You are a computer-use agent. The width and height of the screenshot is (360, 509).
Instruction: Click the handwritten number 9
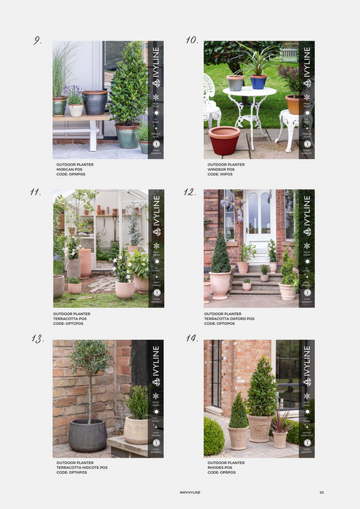point(37,41)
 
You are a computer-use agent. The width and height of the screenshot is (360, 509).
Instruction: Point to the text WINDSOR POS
point(221,168)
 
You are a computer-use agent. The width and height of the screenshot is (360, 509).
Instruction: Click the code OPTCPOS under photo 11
point(68,324)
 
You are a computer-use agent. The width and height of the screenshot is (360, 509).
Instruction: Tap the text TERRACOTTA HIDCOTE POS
point(82,468)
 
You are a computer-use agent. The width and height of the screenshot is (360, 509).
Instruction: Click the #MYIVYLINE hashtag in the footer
point(190,493)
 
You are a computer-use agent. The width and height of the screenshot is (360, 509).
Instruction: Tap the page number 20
point(322,493)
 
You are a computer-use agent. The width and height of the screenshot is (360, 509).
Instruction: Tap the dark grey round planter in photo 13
point(88,434)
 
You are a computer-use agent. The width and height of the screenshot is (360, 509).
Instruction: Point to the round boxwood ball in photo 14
point(214,437)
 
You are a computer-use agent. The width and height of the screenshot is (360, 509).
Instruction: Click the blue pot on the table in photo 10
point(258,81)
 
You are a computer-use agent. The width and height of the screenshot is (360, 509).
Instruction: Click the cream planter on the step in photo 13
point(135,430)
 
